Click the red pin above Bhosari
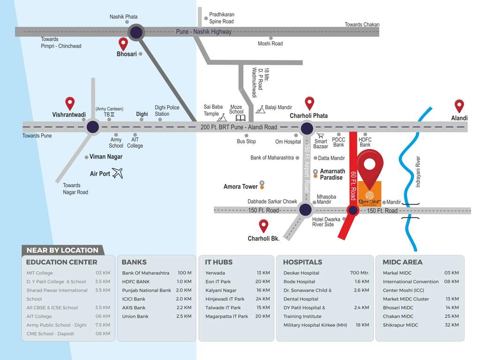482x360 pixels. point(123,44)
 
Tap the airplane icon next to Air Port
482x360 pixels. point(117,173)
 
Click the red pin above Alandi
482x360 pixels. point(459,105)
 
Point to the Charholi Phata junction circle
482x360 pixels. point(307,128)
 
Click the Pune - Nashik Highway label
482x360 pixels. point(203,32)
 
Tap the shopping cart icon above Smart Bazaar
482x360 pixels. point(321,135)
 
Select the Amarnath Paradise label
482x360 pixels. point(332,174)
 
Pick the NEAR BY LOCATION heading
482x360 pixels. point(62,250)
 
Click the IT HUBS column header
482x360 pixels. point(219,262)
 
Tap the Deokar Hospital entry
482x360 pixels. point(301,273)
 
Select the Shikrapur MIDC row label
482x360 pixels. point(400,325)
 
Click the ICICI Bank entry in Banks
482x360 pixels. point(134,299)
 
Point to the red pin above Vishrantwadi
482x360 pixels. point(70,103)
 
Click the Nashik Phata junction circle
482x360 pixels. point(136,32)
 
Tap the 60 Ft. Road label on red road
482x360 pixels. point(354,186)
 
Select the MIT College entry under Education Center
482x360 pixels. point(40,273)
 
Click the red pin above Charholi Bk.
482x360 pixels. point(264,226)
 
